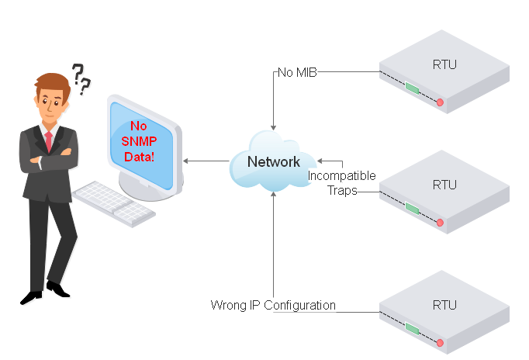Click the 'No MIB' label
tap(297, 72)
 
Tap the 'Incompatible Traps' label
tap(341, 183)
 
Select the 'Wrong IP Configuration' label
tap(273, 305)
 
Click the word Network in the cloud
tap(273, 161)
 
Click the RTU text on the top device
tap(444, 64)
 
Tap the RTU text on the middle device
tap(444, 185)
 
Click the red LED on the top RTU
tap(439, 102)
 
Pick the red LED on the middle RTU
tap(439, 223)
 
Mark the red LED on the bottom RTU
tap(439, 342)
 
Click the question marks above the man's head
tap(81, 77)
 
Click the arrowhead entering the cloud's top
tap(273, 125)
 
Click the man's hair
tap(50, 82)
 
